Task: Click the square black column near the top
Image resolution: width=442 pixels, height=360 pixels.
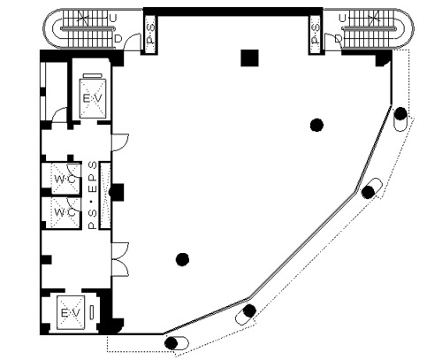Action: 249,57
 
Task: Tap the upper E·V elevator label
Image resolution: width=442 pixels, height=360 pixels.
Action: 93,98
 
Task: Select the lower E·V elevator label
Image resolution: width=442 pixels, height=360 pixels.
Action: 70,313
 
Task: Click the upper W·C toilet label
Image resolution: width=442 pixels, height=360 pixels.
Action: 65,180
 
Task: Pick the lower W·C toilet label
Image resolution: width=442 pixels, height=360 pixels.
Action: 65,212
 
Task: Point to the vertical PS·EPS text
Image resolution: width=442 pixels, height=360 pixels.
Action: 93,195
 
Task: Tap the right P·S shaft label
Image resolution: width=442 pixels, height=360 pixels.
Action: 316,34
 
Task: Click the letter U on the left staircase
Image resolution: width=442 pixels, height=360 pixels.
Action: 113,19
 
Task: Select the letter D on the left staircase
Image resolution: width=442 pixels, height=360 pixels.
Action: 118,39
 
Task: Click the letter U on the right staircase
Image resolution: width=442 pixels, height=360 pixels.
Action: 342,19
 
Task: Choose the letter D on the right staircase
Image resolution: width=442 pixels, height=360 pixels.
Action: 339,38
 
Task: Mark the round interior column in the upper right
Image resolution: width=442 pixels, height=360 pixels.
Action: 316,125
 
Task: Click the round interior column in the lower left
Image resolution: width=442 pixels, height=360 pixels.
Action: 182,259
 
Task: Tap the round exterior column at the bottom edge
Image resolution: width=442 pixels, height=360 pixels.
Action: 171,343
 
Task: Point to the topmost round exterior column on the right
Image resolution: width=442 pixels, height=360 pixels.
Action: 400,113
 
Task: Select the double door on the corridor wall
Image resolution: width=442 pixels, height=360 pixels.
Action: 120,259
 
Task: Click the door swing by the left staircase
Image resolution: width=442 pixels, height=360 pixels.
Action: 133,42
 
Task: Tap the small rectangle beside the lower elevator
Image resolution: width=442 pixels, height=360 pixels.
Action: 92,312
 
